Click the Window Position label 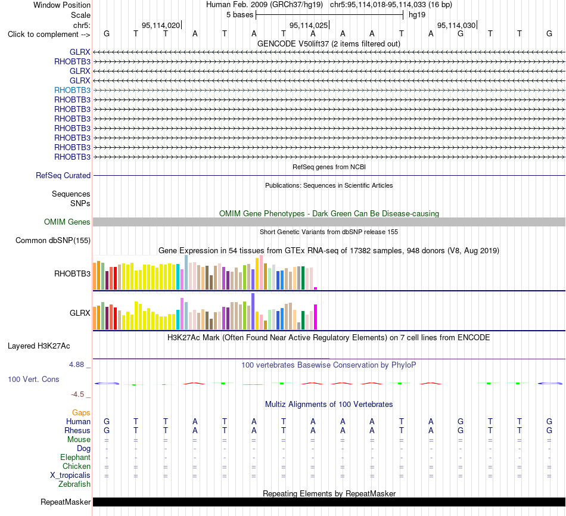(x=62, y=5)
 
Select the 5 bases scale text (x=240, y=15)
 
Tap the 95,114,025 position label (x=309, y=25)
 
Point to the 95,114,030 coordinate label (x=456, y=25)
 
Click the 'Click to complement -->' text (x=49, y=35)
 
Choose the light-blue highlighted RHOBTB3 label (x=72, y=91)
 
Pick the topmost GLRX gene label (x=80, y=52)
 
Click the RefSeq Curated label (x=63, y=176)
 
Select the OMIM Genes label (x=67, y=222)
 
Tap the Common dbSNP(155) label (x=53, y=241)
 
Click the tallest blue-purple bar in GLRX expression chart (x=253, y=311)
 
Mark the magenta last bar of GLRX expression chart (x=316, y=317)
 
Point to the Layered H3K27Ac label (x=39, y=346)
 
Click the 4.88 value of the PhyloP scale (x=76, y=365)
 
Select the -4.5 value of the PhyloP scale (x=77, y=394)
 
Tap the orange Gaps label (x=81, y=413)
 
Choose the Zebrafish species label (x=74, y=484)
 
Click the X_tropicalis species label (x=70, y=475)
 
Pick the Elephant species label (x=75, y=458)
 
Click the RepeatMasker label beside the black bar (x=66, y=502)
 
